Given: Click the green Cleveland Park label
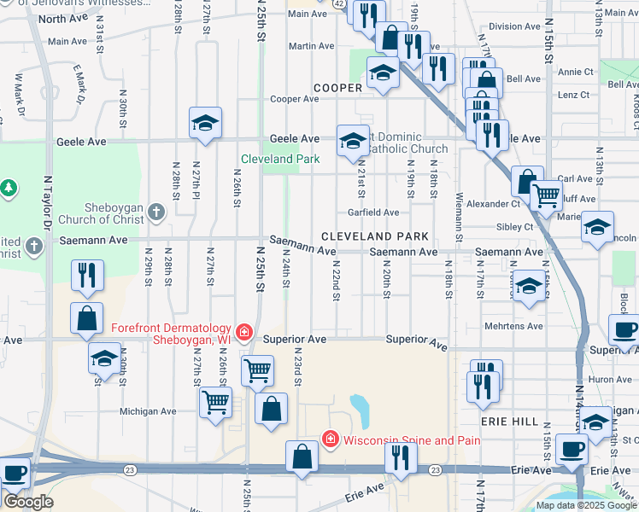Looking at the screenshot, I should click(280, 159).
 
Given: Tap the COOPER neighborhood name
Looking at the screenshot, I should click(338, 88).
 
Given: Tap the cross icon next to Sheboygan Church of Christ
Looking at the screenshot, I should click(155, 210).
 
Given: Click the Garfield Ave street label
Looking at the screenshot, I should click(372, 212).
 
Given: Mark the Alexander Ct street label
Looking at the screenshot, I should click(493, 204).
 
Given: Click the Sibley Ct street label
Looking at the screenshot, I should click(514, 227).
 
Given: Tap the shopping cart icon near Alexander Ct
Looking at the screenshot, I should click(546, 195).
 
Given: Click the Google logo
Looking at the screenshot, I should click(28, 502).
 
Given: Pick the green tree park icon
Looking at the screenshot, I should click(9, 187).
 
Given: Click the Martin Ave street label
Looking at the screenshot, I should click(310, 46).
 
